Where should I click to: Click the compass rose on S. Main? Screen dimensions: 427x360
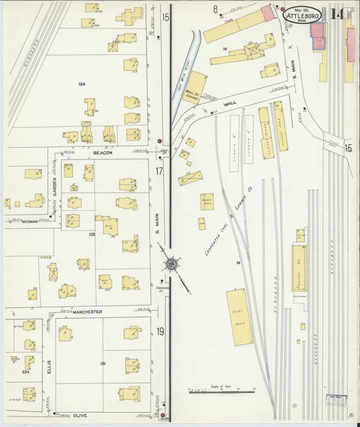tap(172, 263)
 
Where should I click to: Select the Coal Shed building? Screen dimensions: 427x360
tap(239, 317)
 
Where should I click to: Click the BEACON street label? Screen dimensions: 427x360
tap(103, 153)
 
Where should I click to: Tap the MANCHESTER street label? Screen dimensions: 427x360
tap(88, 311)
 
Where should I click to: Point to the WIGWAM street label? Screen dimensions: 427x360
tap(29, 221)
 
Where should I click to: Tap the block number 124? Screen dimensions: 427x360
tap(82, 84)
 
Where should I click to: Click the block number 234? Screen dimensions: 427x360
tap(26, 372)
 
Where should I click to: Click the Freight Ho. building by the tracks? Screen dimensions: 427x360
tap(299, 268)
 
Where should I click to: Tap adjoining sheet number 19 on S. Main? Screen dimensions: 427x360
tap(160, 331)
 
